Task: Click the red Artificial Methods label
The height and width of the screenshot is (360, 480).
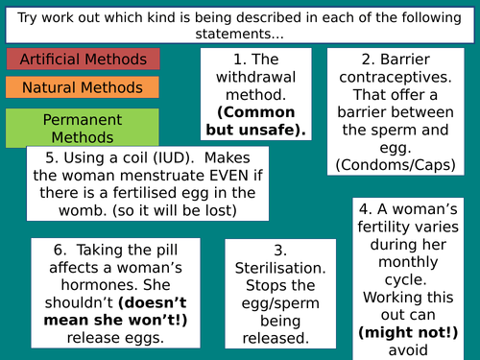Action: [x=84, y=59]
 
